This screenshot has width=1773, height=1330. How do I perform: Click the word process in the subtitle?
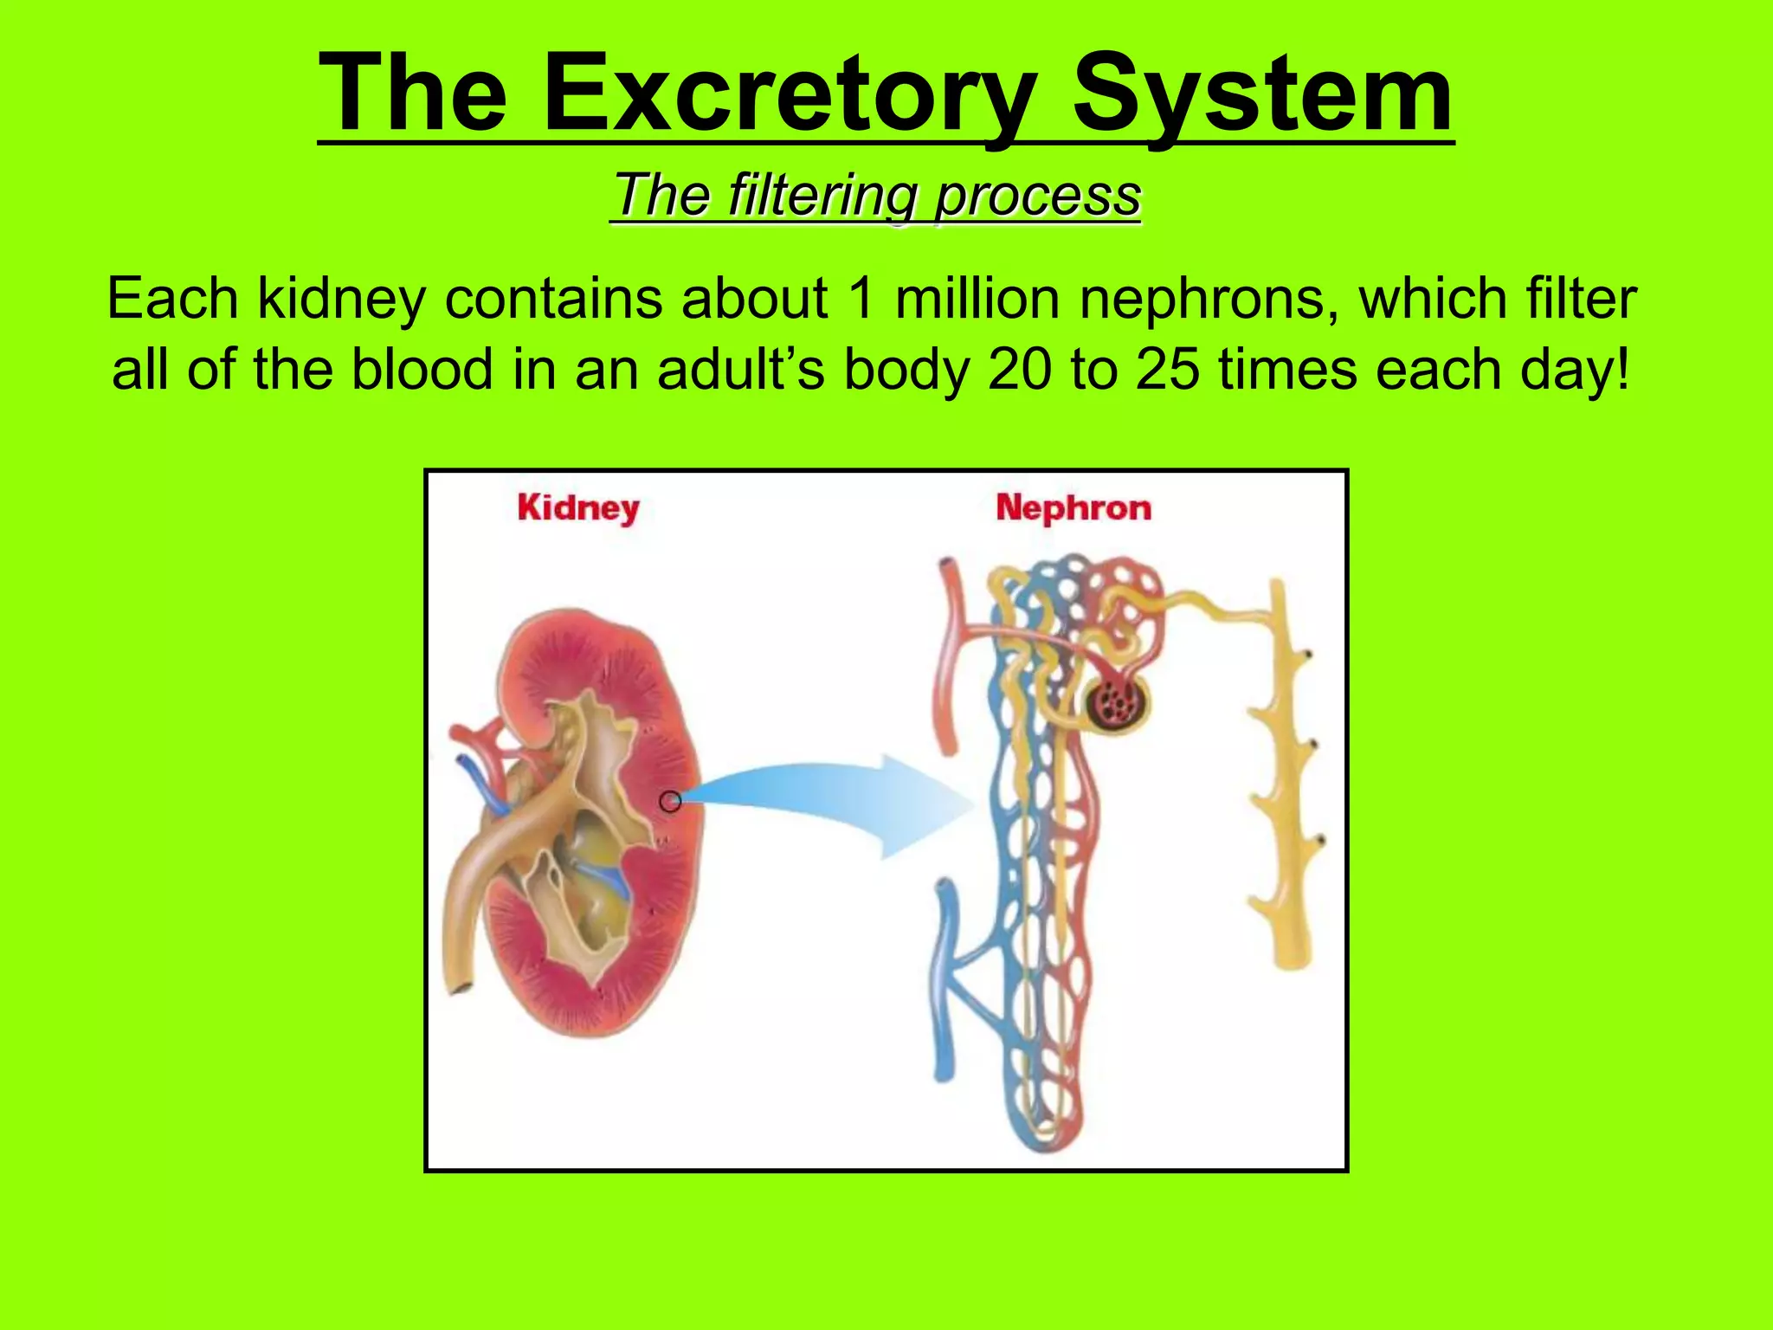1038,197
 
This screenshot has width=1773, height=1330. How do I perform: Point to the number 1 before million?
861,299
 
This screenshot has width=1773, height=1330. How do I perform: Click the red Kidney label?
578,507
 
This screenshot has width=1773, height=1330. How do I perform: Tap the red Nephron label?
1073,507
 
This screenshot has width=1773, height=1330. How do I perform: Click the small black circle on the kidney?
670,803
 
